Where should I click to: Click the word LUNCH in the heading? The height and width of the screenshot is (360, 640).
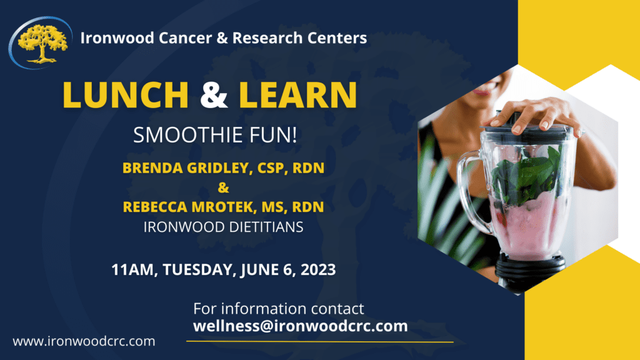coord(126,94)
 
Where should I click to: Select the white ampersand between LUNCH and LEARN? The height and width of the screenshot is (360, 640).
coord(214,94)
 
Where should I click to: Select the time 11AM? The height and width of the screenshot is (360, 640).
coord(131,270)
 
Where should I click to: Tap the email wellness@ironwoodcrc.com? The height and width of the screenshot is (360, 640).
coord(300,326)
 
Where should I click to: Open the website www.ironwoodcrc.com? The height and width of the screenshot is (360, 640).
coord(84,341)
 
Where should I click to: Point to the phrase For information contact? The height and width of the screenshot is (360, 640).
coord(278,309)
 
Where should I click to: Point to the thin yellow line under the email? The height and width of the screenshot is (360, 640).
coord(320,342)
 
